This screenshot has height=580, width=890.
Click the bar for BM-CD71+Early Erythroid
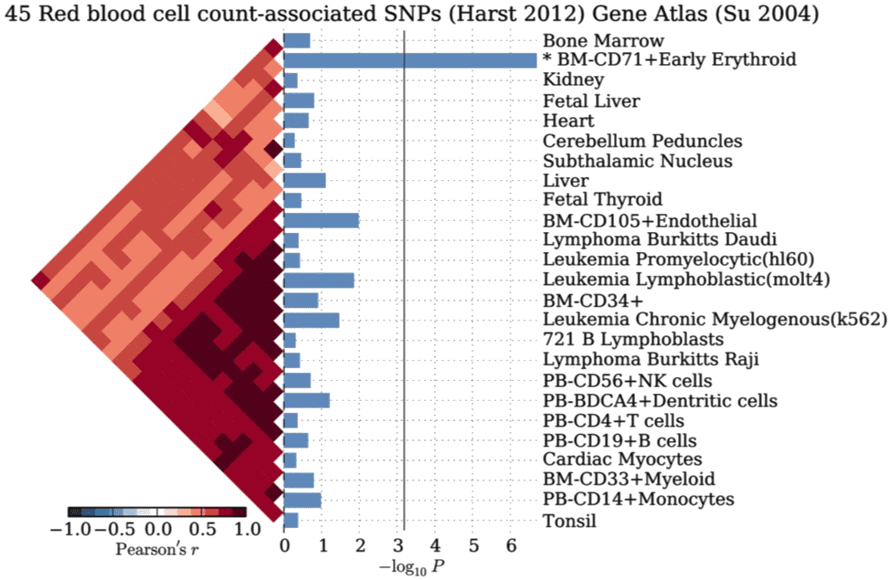[x=409, y=60]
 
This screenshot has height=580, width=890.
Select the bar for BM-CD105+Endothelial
[x=321, y=220]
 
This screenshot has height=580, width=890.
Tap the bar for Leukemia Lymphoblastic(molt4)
[x=318, y=280]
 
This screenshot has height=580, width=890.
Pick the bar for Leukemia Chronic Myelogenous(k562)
[x=311, y=320]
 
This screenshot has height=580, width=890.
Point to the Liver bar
[x=304, y=180]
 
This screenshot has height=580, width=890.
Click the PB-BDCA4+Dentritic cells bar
[x=306, y=400]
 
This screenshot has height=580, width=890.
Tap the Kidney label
[x=573, y=81]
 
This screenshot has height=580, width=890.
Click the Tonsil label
[x=569, y=522]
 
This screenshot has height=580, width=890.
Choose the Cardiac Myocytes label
[x=622, y=459]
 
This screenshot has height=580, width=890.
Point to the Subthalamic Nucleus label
[x=637, y=161]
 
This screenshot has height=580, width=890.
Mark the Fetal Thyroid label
[x=602, y=200]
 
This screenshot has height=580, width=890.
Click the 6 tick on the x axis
[x=512, y=547]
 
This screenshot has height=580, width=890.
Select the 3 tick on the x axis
[x=398, y=547]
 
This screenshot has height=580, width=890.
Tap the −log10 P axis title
[x=414, y=567]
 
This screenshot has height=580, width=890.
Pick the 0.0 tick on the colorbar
[x=157, y=530]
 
